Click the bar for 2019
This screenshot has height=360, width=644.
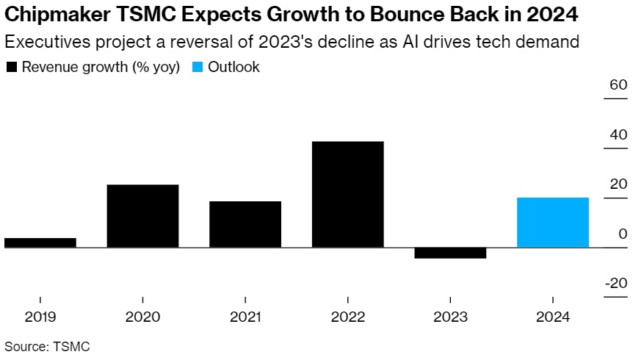pos(40,242)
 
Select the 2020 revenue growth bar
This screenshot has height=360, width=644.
pos(142,216)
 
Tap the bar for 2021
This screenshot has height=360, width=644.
pos(245,224)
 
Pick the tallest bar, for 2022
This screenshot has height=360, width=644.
pos(348,194)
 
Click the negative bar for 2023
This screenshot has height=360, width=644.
pos(450,253)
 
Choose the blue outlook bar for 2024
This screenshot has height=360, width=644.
pos(553,223)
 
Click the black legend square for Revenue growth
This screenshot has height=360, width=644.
pos(12,68)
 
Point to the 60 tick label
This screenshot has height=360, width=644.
pos(618,84)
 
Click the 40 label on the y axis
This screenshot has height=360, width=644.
pos(618,134)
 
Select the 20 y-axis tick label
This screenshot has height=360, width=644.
pos(618,184)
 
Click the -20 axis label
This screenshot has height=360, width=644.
pos(616,284)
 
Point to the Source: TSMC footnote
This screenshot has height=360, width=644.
pos(47,345)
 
